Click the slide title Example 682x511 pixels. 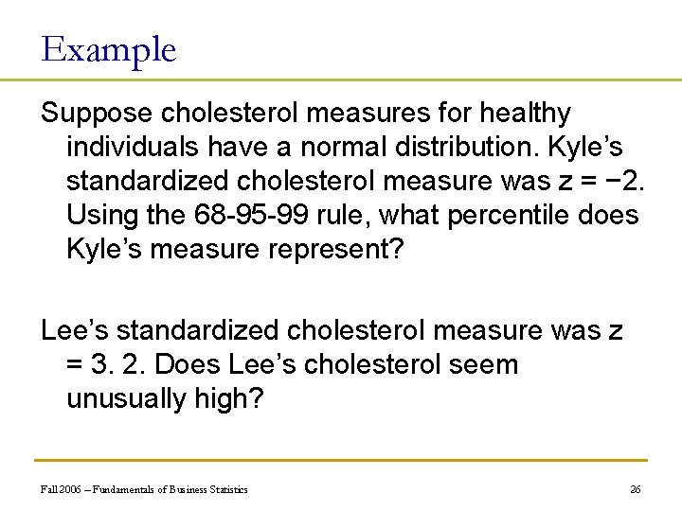pos(109,49)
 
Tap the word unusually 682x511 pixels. pos(128,398)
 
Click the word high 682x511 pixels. pos(229,398)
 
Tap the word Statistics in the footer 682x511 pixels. pos(228,489)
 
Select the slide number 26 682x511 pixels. pos(635,489)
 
